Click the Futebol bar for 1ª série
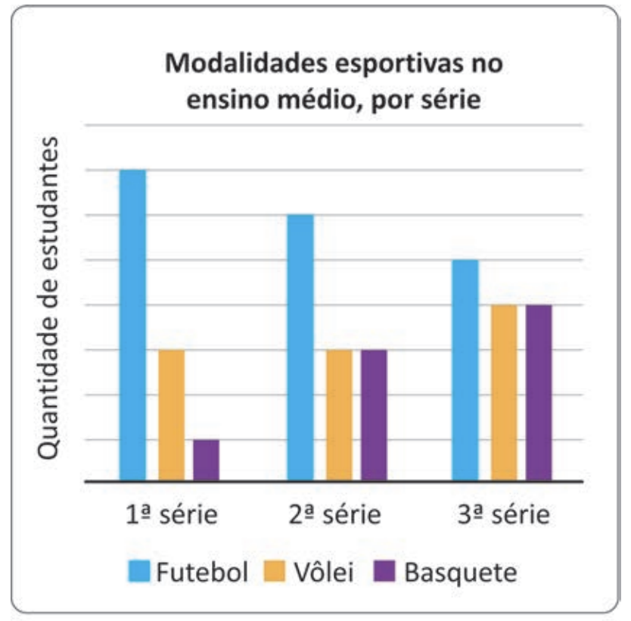coord(133,326)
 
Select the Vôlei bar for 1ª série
coord(172,415)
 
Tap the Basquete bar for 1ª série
coord(206,460)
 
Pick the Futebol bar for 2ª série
coord(300,348)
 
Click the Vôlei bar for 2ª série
coord(339,415)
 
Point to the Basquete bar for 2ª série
coord(374,415)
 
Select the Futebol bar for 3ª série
coord(465,370)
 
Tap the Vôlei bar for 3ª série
coord(504,393)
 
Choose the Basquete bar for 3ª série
coord(539,393)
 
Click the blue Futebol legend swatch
coord(139,571)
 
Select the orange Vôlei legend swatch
coord(274,571)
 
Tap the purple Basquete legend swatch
coord(384,571)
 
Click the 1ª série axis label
coord(172,514)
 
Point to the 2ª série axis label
coord(335,514)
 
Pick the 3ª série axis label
coord(504,514)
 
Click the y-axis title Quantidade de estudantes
coord(48,298)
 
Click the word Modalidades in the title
coord(247,64)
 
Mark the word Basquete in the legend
coord(461,573)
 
